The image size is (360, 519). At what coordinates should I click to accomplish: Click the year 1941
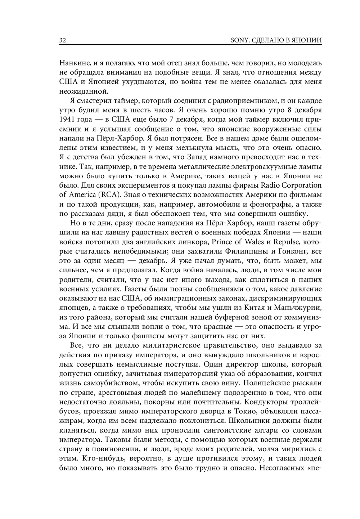tap(67, 119)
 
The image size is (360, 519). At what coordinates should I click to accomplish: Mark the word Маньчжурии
tap(298, 307)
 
